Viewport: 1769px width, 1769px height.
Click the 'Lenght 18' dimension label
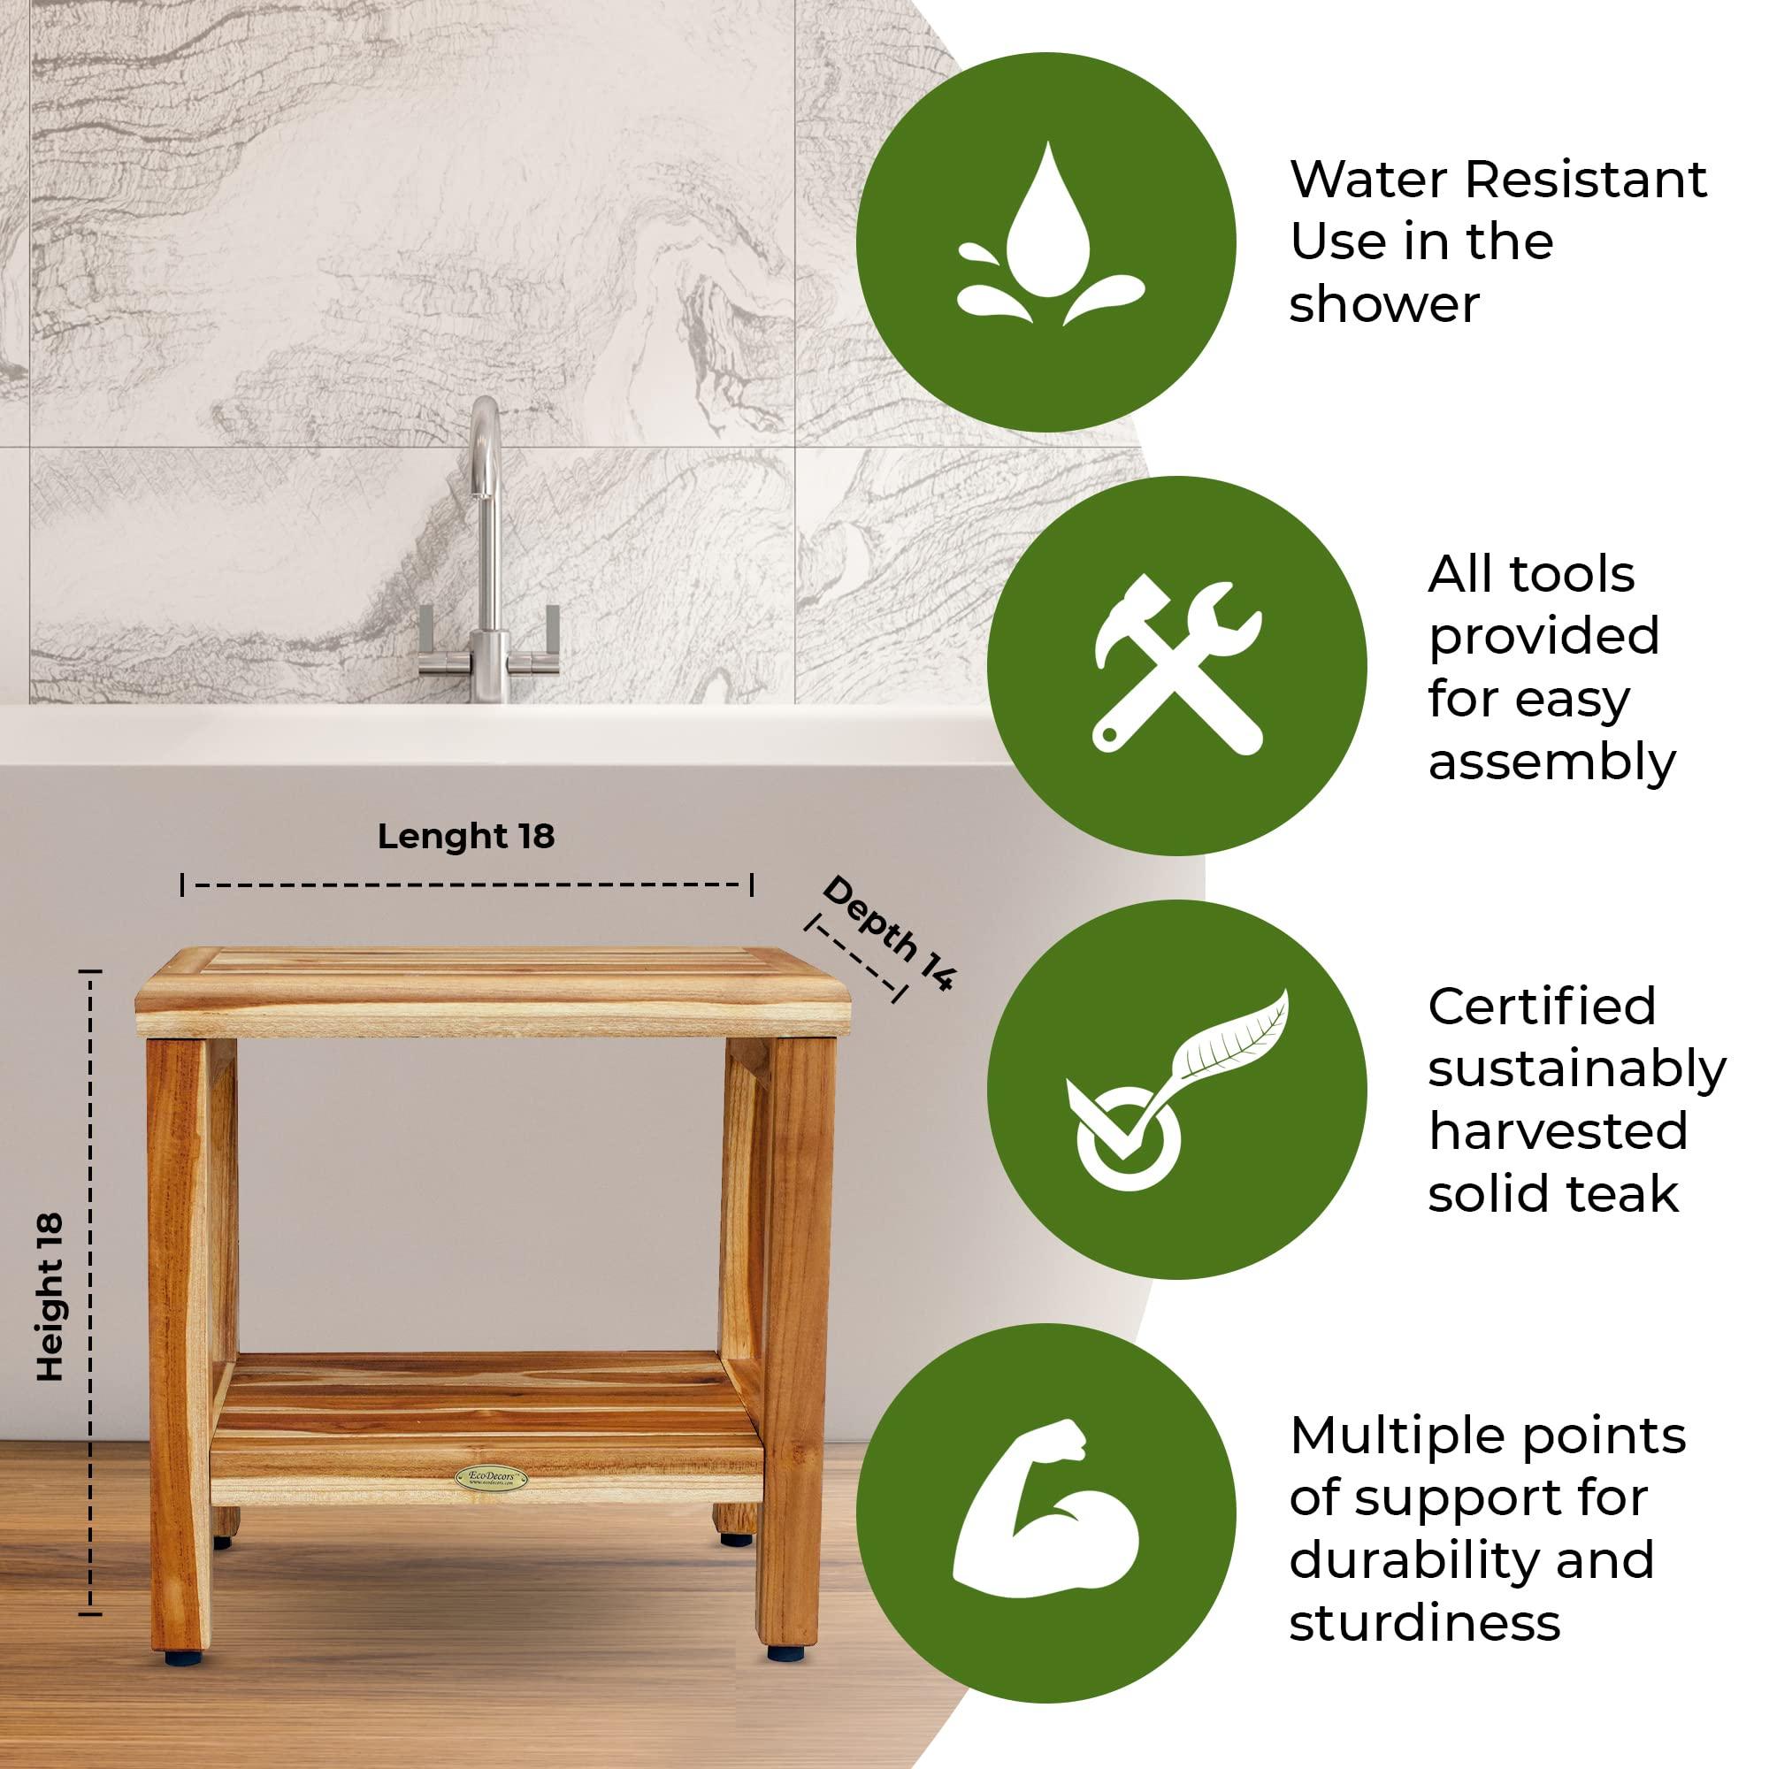[x=465, y=837]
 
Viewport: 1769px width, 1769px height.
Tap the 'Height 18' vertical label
[x=51, y=1297]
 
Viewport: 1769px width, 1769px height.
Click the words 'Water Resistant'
[x=1498, y=180]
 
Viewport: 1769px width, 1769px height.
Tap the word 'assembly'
[x=1551, y=762]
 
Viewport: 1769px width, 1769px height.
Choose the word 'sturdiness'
[x=1424, y=1622]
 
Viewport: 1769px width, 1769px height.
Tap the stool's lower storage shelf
[x=486, y=1428]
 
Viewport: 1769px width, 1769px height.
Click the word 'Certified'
[x=1542, y=1007]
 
